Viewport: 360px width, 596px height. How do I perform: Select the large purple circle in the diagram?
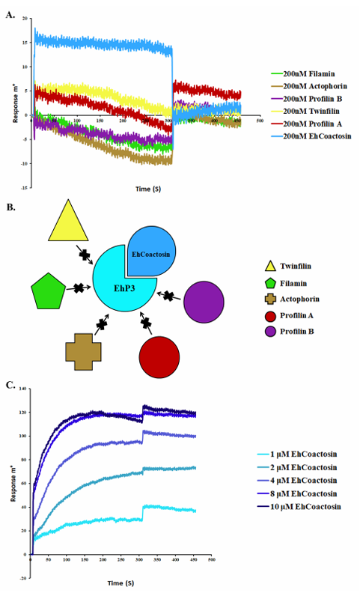(x=204, y=302)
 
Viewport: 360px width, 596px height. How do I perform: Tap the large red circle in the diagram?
(x=159, y=357)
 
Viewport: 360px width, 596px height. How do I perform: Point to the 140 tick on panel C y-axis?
(x=22, y=389)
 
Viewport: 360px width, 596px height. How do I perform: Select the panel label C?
(x=10, y=385)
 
